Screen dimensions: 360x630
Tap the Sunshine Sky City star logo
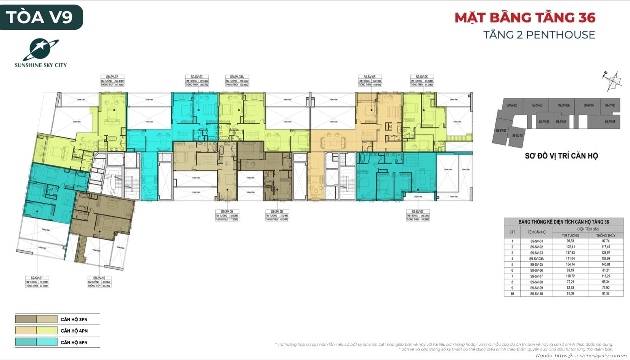pos(41,50)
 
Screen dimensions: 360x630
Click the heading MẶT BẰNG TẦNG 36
pos(525,18)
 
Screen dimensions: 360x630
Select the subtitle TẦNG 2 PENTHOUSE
pos(539,35)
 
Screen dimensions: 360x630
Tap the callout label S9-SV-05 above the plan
pos(369,77)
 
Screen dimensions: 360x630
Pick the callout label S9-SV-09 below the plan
pos(227,212)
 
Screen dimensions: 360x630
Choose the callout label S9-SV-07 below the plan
pos(417,212)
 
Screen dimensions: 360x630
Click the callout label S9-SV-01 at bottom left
pos(37,278)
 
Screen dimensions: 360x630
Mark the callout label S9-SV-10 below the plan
pos(99,278)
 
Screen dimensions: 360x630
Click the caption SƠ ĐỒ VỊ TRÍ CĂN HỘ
pos(561,156)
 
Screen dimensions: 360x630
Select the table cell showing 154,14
pos(570,264)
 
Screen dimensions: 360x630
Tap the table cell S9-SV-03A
pos(536,259)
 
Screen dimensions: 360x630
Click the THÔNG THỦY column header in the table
pos(606,235)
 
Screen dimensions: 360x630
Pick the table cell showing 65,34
pos(606,282)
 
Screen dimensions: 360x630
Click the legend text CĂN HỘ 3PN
pos(74,320)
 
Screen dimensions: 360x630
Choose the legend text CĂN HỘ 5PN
pos(74,342)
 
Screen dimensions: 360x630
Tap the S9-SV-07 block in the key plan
pos(610,122)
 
